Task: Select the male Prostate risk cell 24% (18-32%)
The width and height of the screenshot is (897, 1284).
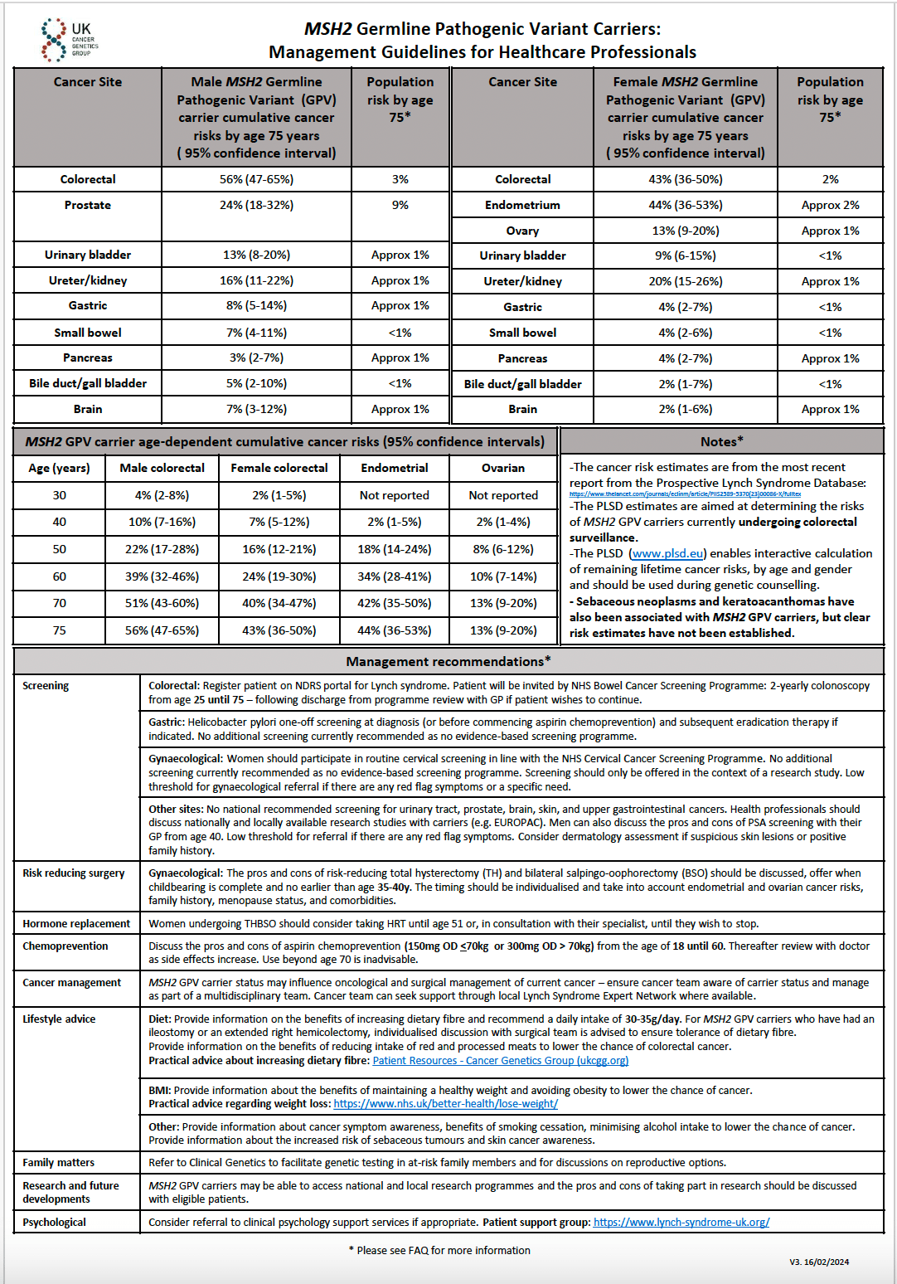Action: tap(256, 205)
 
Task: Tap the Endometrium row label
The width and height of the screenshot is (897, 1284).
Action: tap(522, 205)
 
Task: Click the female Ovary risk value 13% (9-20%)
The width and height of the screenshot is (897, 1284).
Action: tap(685, 231)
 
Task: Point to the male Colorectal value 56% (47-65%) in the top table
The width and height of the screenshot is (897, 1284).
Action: tap(256, 179)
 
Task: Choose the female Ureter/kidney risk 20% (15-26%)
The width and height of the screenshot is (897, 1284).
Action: tap(685, 281)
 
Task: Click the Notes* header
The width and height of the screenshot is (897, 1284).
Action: tap(721, 442)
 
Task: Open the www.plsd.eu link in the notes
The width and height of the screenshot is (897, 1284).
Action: tap(667, 553)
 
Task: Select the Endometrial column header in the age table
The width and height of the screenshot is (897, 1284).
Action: tap(394, 468)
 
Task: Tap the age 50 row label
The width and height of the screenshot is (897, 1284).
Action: tap(59, 549)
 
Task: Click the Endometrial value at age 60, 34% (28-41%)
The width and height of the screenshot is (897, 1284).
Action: tap(394, 576)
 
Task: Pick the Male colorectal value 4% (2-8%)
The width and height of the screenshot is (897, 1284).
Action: tap(162, 495)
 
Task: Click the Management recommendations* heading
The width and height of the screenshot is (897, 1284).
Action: tap(448, 661)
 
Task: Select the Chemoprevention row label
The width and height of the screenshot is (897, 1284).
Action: tap(65, 946)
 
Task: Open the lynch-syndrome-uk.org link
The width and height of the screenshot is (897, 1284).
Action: tap(681, 1222)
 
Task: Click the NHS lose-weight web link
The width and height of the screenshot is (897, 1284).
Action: tap(445, 1103)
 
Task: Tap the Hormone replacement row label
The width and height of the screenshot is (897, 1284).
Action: tap(76, 923)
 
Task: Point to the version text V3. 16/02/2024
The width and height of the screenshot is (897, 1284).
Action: tap(819, 1262)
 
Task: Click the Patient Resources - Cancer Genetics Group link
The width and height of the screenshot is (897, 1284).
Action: tap(501, 1060)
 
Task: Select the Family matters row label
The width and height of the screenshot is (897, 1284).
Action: tap(58, 1162)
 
